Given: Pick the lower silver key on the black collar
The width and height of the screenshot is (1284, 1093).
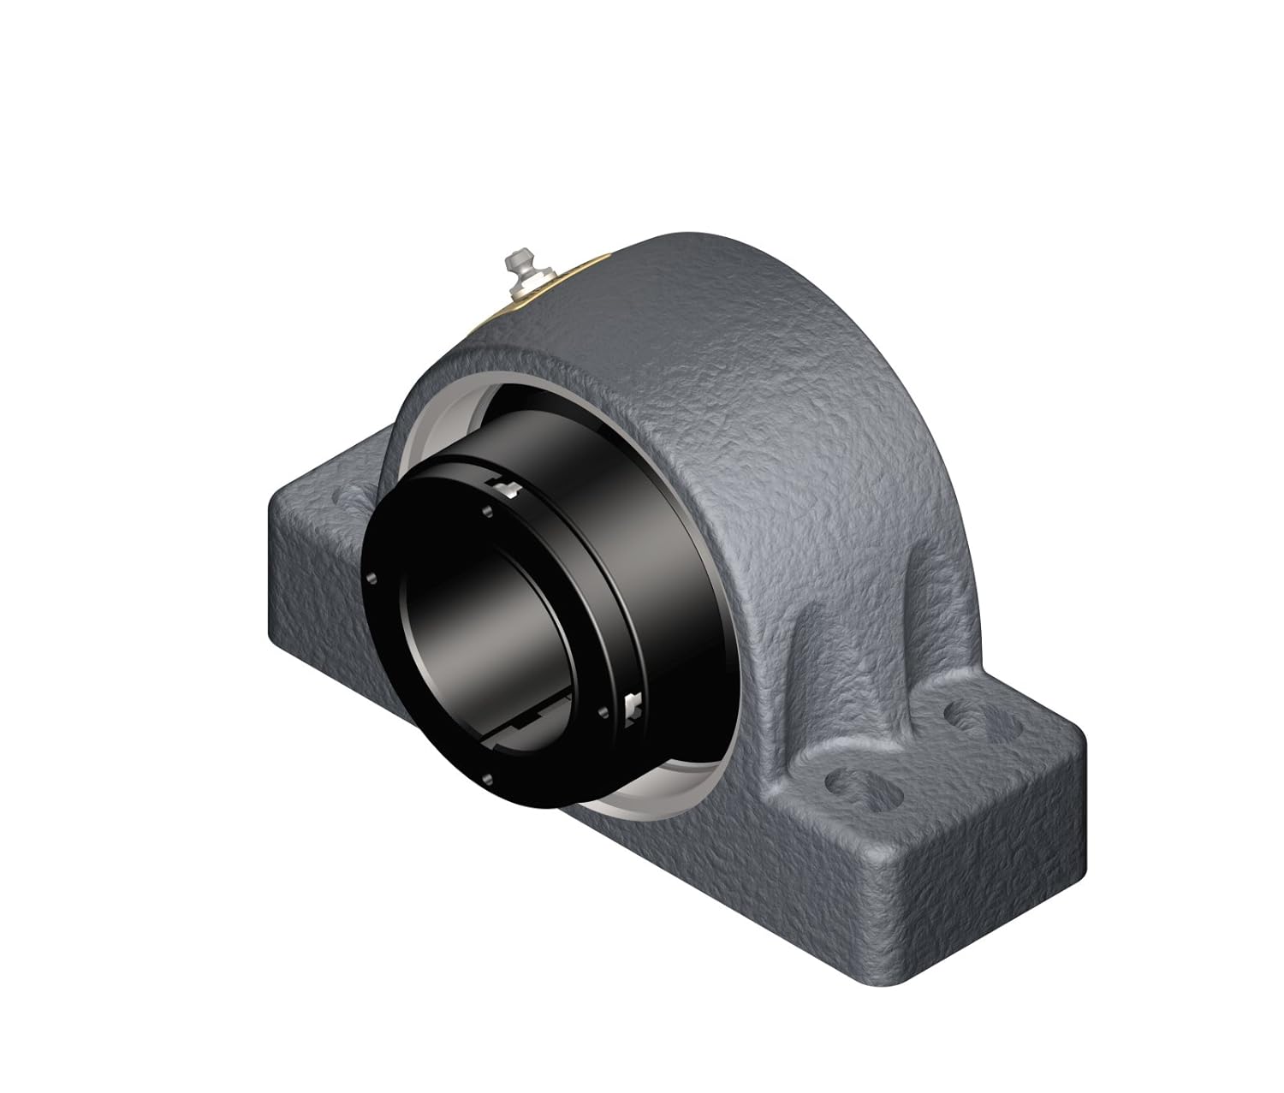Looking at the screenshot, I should pyautogui.click(x=633, y=704).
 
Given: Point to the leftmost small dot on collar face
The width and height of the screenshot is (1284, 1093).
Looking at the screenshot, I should pyautogui.click(x=373, y=579).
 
